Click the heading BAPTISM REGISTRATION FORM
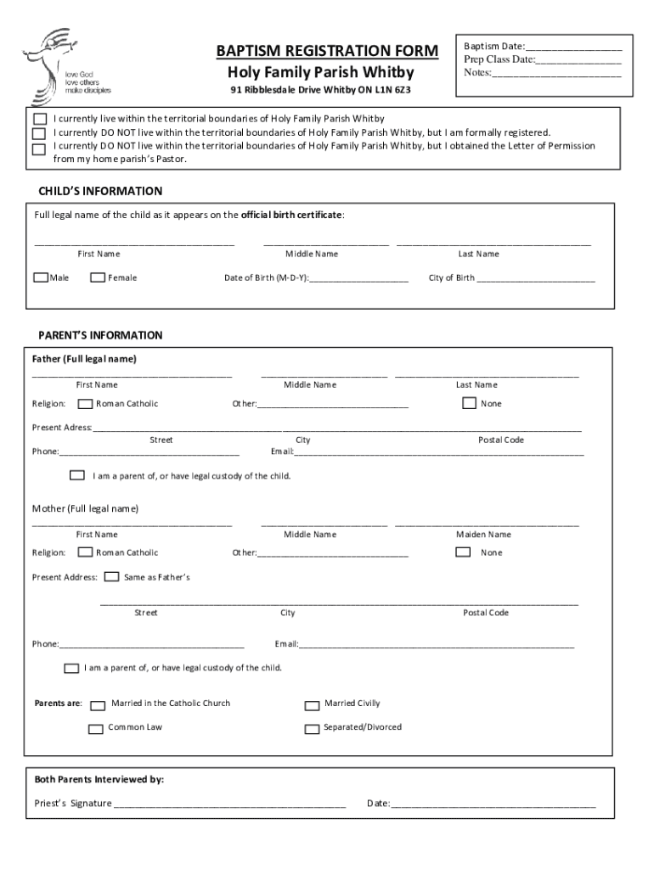click(327, 51)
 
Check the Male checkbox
click(41, 278)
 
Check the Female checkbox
click(98, 278)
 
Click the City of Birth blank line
click(536, 279)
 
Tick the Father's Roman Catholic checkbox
click(85, 404)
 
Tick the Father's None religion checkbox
click(469, 404)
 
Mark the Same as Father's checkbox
click(111, 577)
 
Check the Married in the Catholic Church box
click(99, 704)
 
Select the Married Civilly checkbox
click(312, 704)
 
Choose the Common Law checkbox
click(95, 728)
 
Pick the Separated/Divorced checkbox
click(312, 728)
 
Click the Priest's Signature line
click(229, 805)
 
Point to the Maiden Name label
click(483, 535)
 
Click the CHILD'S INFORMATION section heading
click(100, 191)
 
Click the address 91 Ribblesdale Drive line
click(327, 91)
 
